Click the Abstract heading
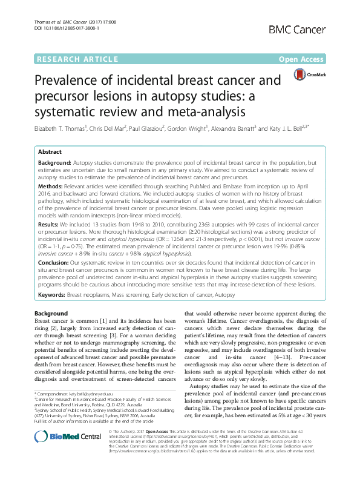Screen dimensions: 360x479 [50, 153]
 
